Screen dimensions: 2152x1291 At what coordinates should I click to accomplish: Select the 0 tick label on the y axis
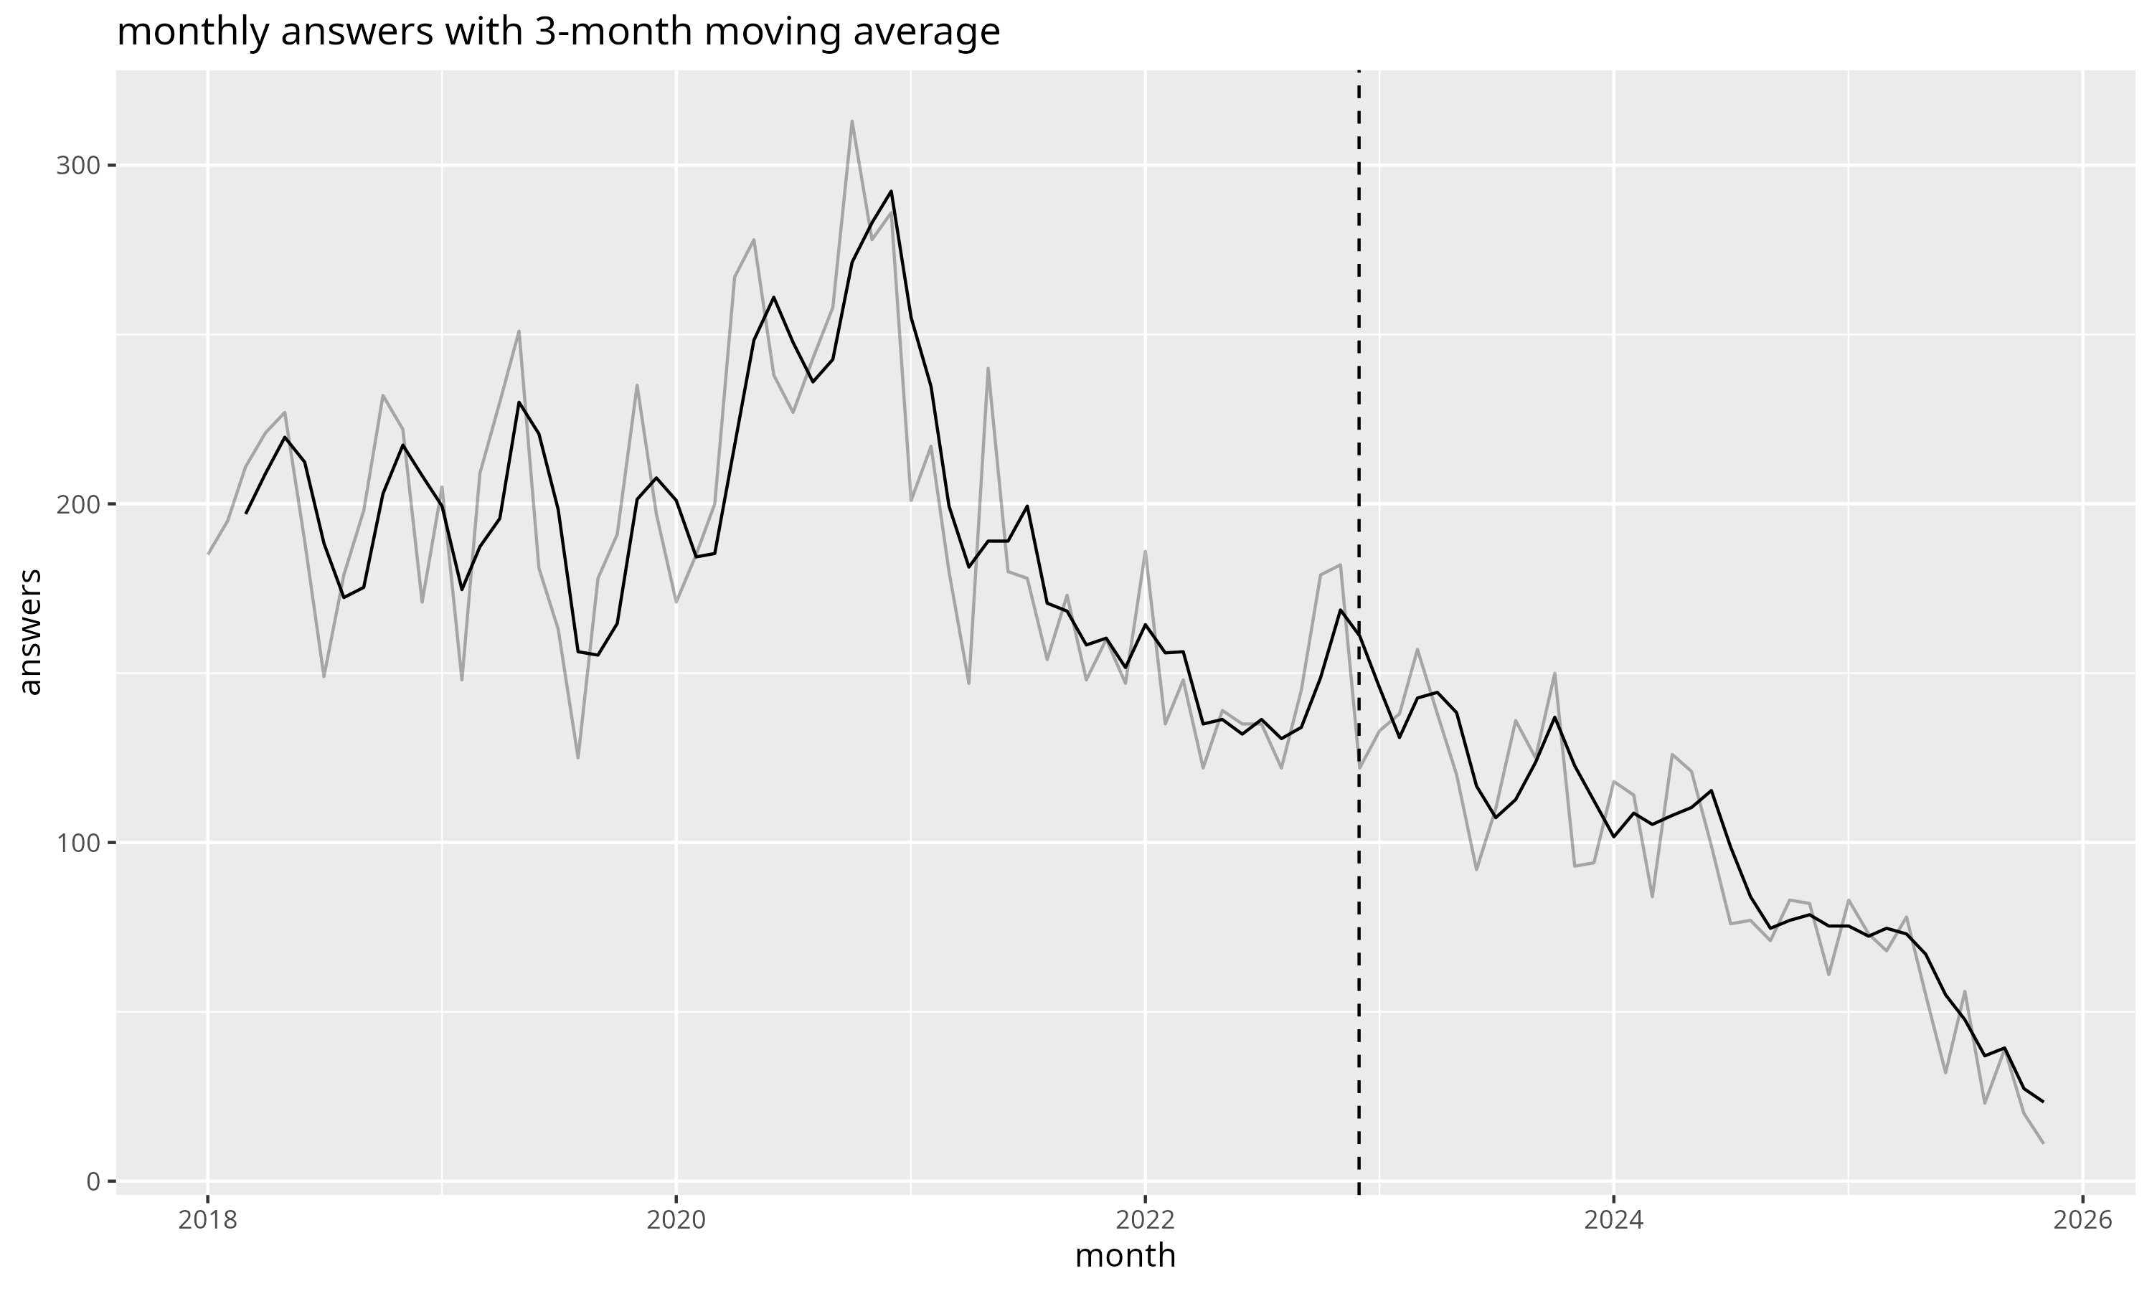coord(91,1181)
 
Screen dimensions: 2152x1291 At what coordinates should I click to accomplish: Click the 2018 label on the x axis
coord(207,1221)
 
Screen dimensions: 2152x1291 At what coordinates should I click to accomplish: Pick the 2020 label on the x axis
coord(676,1221)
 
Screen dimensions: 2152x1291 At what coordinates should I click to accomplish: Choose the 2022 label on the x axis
coord(1145,1221)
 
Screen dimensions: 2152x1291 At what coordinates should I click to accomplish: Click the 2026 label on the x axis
coord(2082,1221)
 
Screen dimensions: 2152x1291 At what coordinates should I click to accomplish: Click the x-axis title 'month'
coord(1125,1256)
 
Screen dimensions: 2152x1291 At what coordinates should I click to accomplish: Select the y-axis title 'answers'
coord(30,632)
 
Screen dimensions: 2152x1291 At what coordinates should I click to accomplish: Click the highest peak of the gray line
coord(851,121)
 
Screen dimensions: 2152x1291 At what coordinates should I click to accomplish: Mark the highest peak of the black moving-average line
coord(891,191)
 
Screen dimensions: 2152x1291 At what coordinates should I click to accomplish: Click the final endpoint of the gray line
coord(2042,1143)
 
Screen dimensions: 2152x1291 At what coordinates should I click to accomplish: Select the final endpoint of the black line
coord(2042,1102)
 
